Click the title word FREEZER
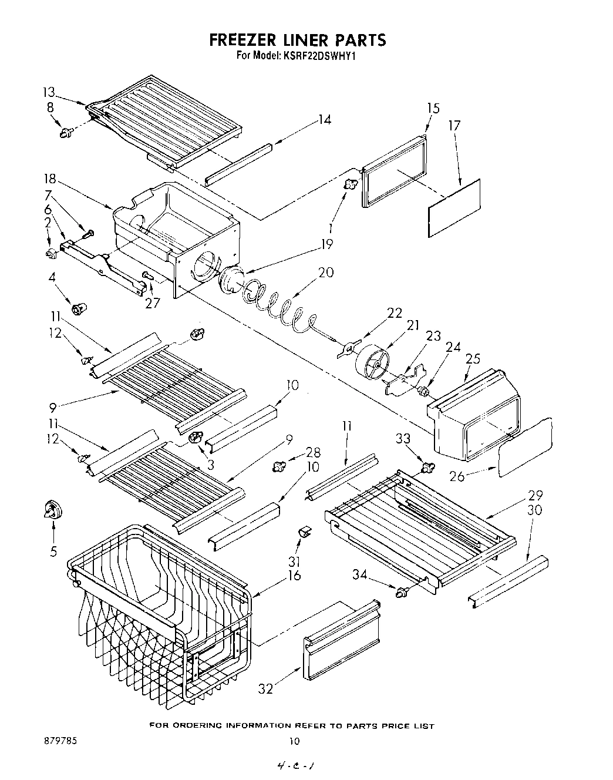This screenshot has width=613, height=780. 243,40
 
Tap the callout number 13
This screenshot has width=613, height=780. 49,92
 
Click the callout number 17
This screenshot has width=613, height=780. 454,125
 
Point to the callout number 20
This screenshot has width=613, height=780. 326,272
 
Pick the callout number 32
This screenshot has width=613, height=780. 266,688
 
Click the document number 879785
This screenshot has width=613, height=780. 60,741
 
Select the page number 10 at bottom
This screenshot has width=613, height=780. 294,741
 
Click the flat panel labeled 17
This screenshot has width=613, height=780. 454,208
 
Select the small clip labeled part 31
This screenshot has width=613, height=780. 305,532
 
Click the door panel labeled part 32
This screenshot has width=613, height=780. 341,642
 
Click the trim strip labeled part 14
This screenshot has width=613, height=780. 238,165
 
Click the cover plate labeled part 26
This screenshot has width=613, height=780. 526,446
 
